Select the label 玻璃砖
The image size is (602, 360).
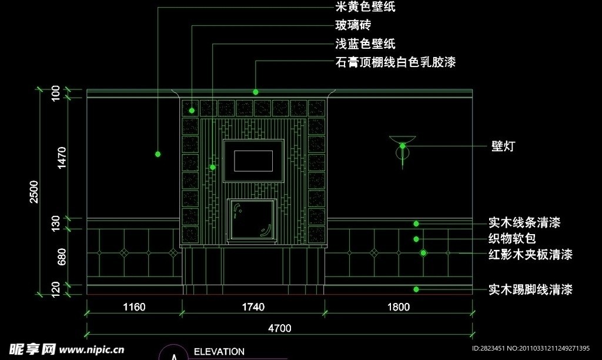click(353, 25)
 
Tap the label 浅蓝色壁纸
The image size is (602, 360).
click(365, 44)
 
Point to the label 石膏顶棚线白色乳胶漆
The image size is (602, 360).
click(395, 62)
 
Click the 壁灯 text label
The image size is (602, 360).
click(503, 146)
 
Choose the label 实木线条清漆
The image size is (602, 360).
click(524, 224)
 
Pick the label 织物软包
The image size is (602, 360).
click(512, 239)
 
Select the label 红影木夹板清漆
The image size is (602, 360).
click(530, 255)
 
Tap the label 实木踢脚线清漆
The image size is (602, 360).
click(530, 289)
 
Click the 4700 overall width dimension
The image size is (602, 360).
click(280, 328)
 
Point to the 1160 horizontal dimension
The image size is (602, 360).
click(133, 306)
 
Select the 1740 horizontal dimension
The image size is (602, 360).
click(253, 306)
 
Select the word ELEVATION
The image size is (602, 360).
click(219, 352)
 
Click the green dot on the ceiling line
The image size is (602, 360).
click(256, 92)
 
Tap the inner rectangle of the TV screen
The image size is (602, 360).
click(253, 160)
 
